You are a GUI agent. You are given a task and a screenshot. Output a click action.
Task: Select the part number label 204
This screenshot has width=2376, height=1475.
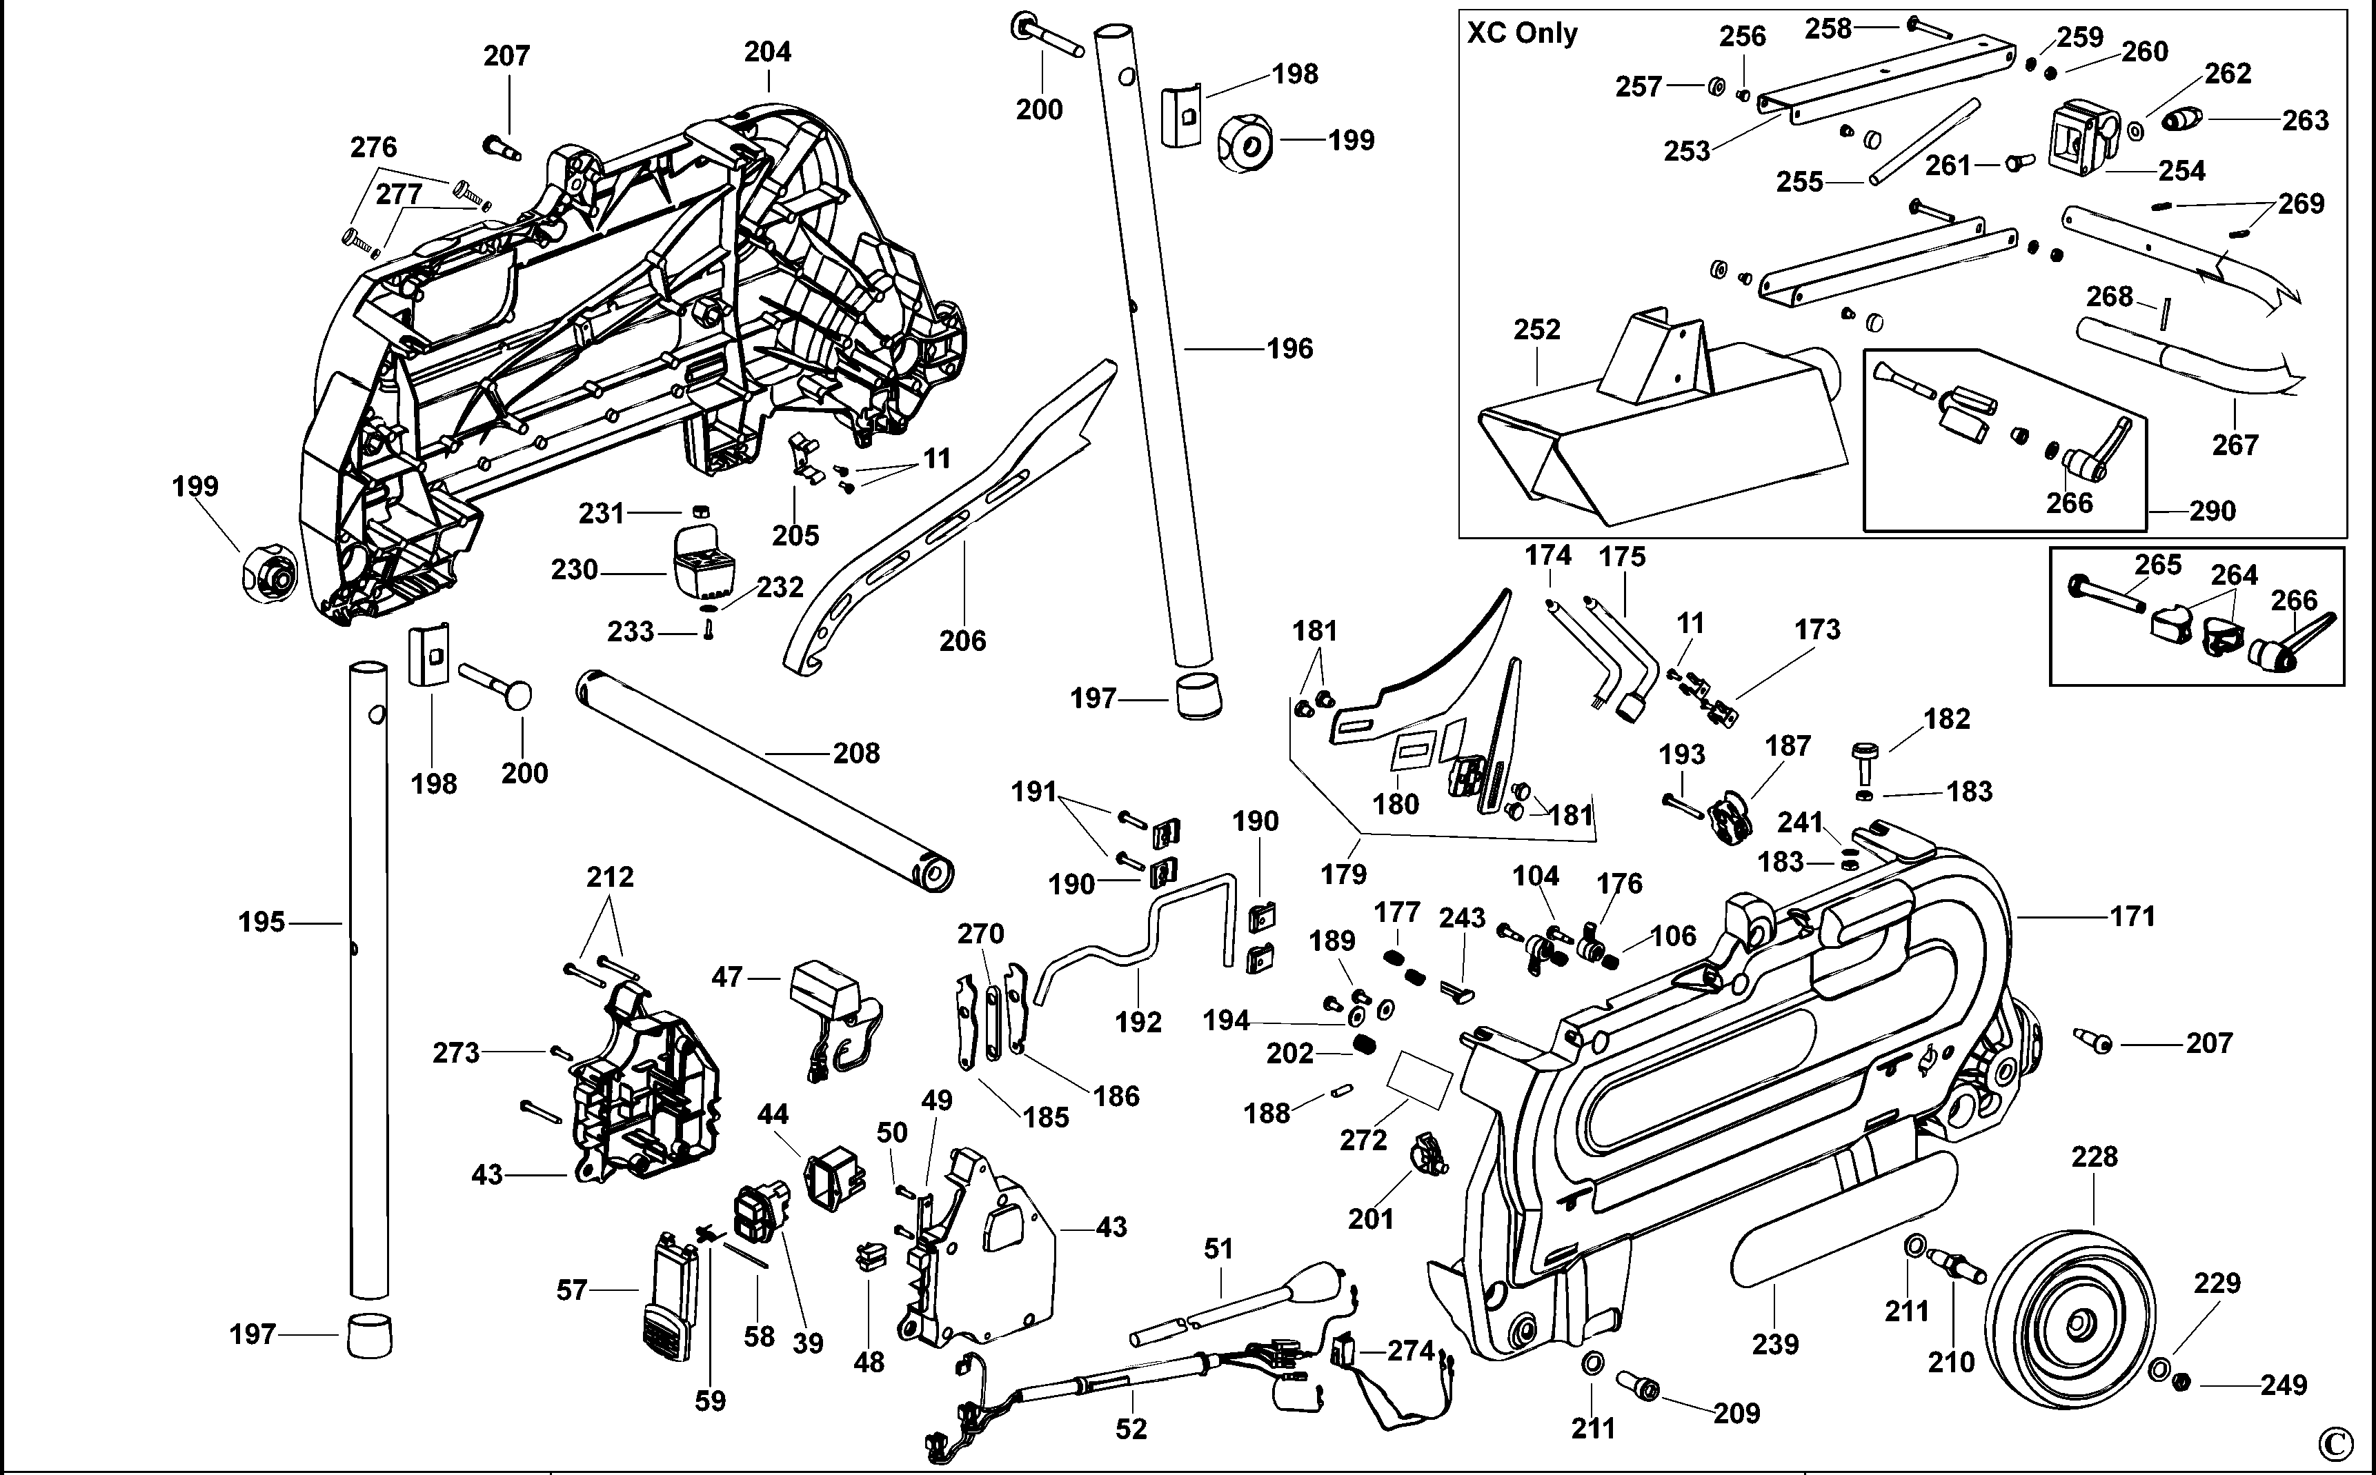pos(767,52)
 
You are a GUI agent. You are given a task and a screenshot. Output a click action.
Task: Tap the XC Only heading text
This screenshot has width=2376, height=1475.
pos(1522,33)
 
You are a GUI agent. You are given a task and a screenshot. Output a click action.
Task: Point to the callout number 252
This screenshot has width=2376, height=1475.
pos(1537,330)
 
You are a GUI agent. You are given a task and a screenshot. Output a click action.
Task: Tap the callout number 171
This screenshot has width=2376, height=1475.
pos(2132,916)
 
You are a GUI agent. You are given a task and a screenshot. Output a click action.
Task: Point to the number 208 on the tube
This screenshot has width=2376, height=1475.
pos(855,753)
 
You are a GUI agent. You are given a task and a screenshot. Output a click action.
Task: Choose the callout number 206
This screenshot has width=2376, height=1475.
pos(962,641)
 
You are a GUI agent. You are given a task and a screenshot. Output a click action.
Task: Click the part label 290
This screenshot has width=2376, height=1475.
pos(2212,510)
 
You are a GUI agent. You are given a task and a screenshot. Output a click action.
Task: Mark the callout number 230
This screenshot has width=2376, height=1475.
pos(574,570)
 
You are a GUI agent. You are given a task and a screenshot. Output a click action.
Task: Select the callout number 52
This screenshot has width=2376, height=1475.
pos(1131,1429)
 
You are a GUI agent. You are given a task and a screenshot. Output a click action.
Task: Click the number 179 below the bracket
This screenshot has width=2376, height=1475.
pos(1344,874)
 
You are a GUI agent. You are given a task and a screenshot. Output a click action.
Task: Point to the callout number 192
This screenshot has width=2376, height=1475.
pos(1139,1023)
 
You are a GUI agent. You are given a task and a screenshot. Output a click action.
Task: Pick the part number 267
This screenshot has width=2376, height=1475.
pos(2235,445)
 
